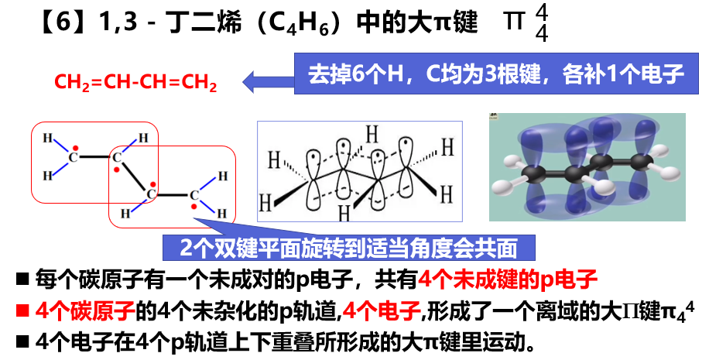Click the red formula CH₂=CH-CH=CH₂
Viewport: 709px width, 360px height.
click(135, 83)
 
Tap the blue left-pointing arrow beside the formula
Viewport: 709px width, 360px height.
click(269, 82)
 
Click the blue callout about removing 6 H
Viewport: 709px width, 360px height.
click(496, 74)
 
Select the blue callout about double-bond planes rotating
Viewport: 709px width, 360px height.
click(348, 248)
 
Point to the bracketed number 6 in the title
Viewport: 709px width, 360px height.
click(63, 21)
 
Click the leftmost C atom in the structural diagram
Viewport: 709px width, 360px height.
click(74, 157)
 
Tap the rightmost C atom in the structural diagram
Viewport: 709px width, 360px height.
click(194, 195)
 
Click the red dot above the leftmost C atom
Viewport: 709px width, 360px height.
click(76, 147)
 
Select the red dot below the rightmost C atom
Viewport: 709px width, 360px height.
click(194, 207)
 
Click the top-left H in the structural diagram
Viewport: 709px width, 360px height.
click(47, 138)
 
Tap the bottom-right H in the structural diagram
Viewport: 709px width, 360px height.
click(222, 214)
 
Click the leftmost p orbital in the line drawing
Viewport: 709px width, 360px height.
click(313, 180)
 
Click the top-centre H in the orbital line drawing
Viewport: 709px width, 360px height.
click(372, 134)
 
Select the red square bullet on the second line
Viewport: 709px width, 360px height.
click(22, 310)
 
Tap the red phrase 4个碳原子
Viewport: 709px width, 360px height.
click(85, 310)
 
